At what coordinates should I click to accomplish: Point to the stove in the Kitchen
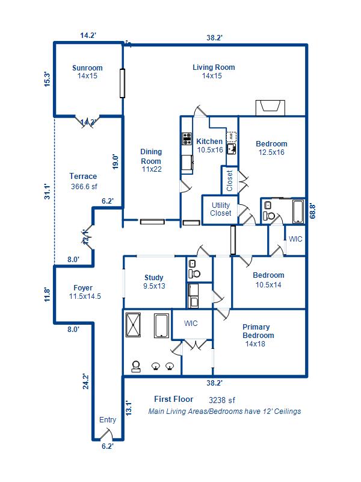(x=187, y=139)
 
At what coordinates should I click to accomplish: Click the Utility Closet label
(x=220, y=209)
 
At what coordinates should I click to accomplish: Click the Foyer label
(x=83, y=292)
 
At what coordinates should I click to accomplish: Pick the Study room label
(x=154, y=282)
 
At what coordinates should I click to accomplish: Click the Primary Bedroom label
(x=258, y=336)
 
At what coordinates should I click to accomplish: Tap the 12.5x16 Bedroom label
(x=271, y=148)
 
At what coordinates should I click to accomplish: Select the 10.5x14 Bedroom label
(x=269, y=280)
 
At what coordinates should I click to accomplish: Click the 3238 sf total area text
(x=221, y=399)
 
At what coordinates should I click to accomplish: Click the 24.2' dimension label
(x=86, y=382)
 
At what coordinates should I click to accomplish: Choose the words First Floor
(x=173, y=399)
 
